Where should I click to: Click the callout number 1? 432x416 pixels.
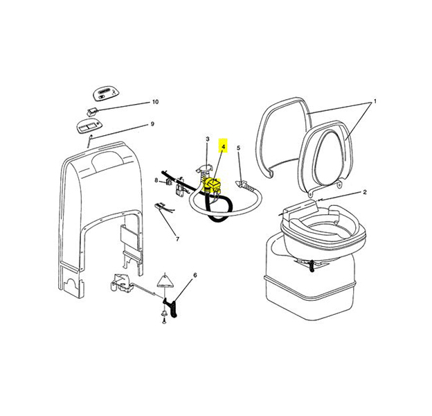coord(375,101)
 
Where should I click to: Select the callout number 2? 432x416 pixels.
coord(364,191)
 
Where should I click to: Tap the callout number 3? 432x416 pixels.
coord(207,139)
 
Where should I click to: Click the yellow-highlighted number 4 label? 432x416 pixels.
coord(223,147)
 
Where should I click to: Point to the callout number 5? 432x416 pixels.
coord(239,148)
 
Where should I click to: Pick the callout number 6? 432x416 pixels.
coord(195,275)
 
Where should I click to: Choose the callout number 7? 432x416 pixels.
coord(177,239)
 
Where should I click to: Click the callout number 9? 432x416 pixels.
coord(152,124)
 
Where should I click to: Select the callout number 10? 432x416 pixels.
coord(155,102)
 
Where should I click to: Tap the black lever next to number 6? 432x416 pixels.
coord(170,304)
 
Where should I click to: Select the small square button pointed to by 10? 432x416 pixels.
coord(91,110)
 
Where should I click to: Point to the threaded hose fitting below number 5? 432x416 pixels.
coord(244,184)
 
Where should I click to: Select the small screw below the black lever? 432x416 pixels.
coord(163,320)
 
